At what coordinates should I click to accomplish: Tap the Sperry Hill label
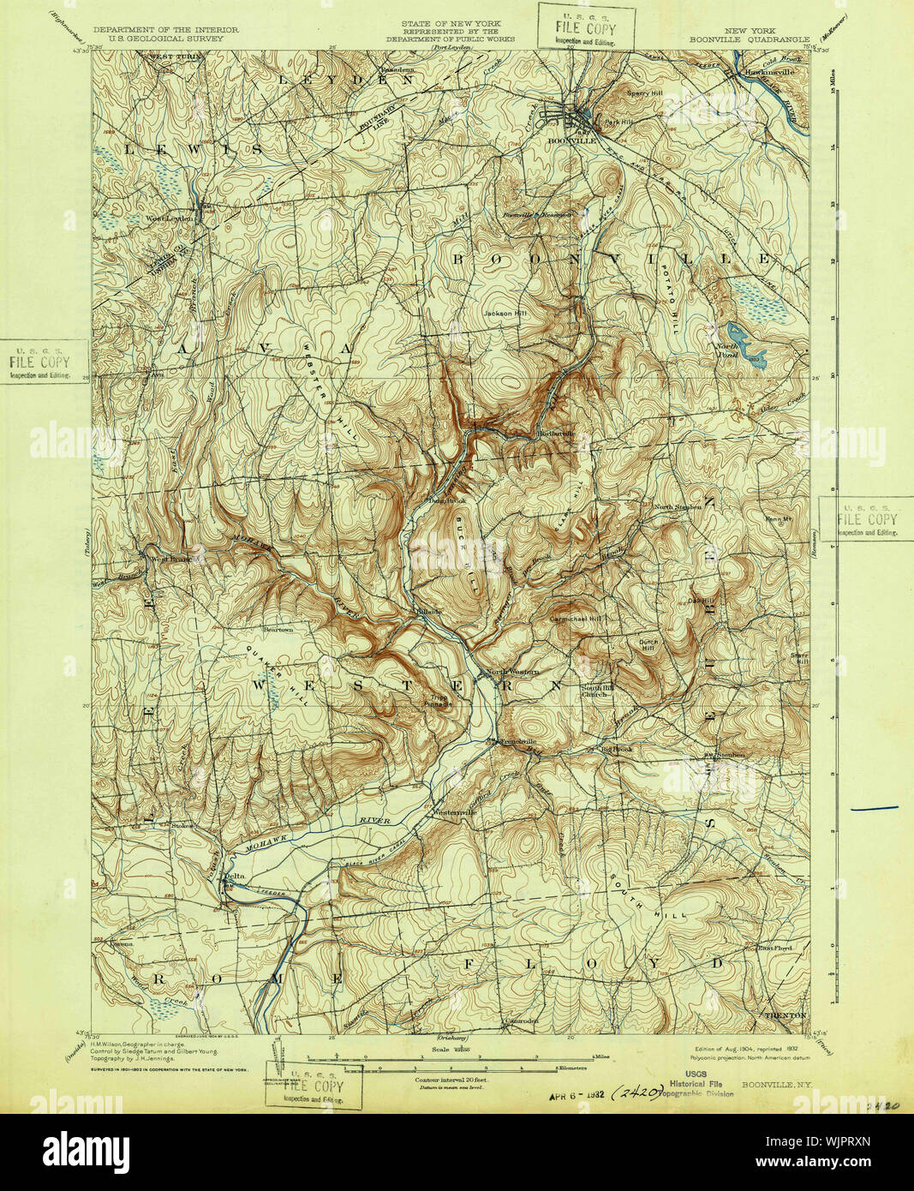click(645, 93)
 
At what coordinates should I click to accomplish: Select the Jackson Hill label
click(505, 314)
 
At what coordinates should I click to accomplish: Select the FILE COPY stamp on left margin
click(39, 362)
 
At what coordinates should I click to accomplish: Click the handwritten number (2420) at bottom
click(640, 1093)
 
